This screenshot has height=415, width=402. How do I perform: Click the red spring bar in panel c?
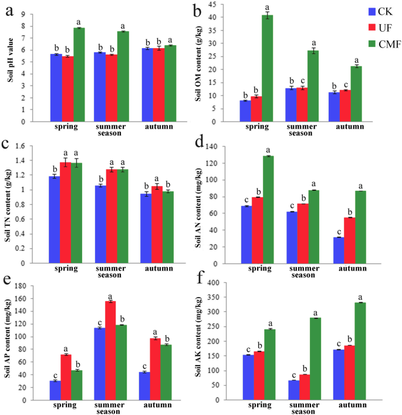(65, 212)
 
